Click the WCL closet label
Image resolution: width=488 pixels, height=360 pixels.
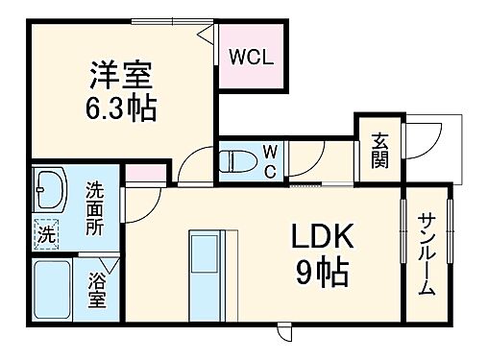(x=251, y=56)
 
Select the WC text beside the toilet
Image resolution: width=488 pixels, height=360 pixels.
(x=270, y=161)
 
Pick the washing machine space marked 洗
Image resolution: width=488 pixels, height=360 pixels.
(x=45, y=231)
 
